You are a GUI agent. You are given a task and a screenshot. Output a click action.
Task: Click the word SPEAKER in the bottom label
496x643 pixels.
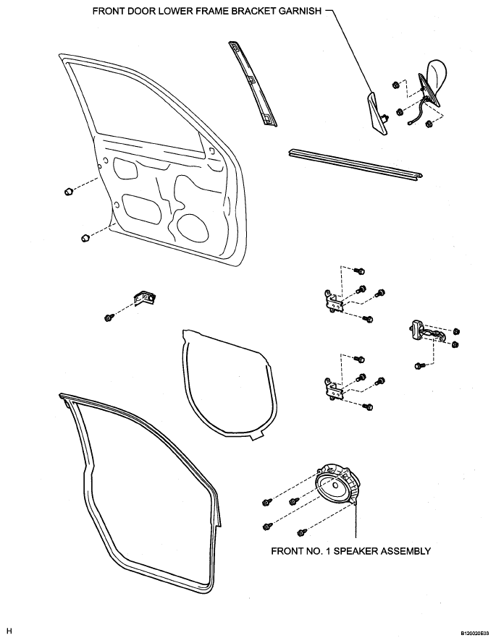pos(355,550)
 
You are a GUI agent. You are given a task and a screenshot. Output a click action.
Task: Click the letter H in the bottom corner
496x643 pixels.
pos(9,631)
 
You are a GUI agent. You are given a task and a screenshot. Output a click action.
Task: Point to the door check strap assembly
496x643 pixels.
pos(427,331)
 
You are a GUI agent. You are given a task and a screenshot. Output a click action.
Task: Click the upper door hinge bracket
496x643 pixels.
pos(333,302)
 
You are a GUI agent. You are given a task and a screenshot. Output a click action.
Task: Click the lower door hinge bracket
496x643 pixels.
pos(333,389)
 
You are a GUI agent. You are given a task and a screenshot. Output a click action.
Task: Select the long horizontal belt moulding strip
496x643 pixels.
pos(356,163)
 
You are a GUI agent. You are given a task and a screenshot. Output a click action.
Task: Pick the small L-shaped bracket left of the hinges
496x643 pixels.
pos(145,298)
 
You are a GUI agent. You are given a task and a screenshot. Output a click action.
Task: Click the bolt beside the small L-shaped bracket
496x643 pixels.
pos(109,318)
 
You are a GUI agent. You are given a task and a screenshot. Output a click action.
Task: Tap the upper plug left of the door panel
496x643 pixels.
pos(69,191)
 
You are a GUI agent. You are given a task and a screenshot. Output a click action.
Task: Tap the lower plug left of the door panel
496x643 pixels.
pos(84,238)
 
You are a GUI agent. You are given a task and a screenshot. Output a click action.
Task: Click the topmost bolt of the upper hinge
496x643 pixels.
pos(360,271)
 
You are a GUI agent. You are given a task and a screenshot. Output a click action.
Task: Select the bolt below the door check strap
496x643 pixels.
pos(420,365)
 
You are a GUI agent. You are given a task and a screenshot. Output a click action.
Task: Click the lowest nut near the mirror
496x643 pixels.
pos(429,124)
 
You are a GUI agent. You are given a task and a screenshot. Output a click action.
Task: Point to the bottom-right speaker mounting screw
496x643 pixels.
pos(302,532)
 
